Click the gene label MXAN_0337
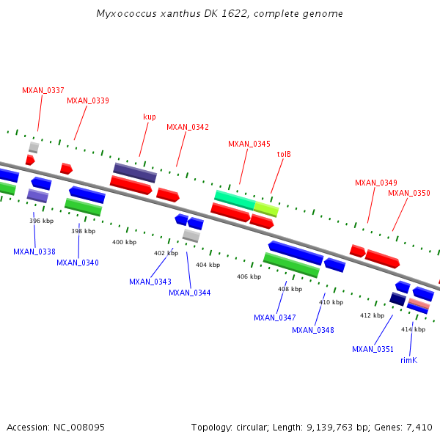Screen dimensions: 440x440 (x=43, y=90)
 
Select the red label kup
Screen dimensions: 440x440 (x=149, y=117)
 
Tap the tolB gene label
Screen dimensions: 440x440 (x=284, y=155)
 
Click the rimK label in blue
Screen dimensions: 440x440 (x=408, y=360)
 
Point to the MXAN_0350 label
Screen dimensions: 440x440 (x=408, y=193)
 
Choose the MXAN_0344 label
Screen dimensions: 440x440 (x=189, y=293)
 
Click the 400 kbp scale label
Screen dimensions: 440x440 (x=124, y=242)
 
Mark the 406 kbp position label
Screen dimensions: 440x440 (x=249, y=276)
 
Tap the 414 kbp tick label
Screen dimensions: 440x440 (x=413, y=329)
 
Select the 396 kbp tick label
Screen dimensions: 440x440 (x=41, y=221)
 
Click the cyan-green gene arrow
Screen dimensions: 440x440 (x=234, y=198)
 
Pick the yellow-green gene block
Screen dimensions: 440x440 (x=266, y=210)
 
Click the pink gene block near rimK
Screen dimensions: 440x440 (x=419, y=304)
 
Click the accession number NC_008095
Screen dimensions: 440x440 (x=78, y=427)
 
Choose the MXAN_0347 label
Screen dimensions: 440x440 (x=274, y=318)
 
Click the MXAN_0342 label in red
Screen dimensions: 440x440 (x=187, y=127)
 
